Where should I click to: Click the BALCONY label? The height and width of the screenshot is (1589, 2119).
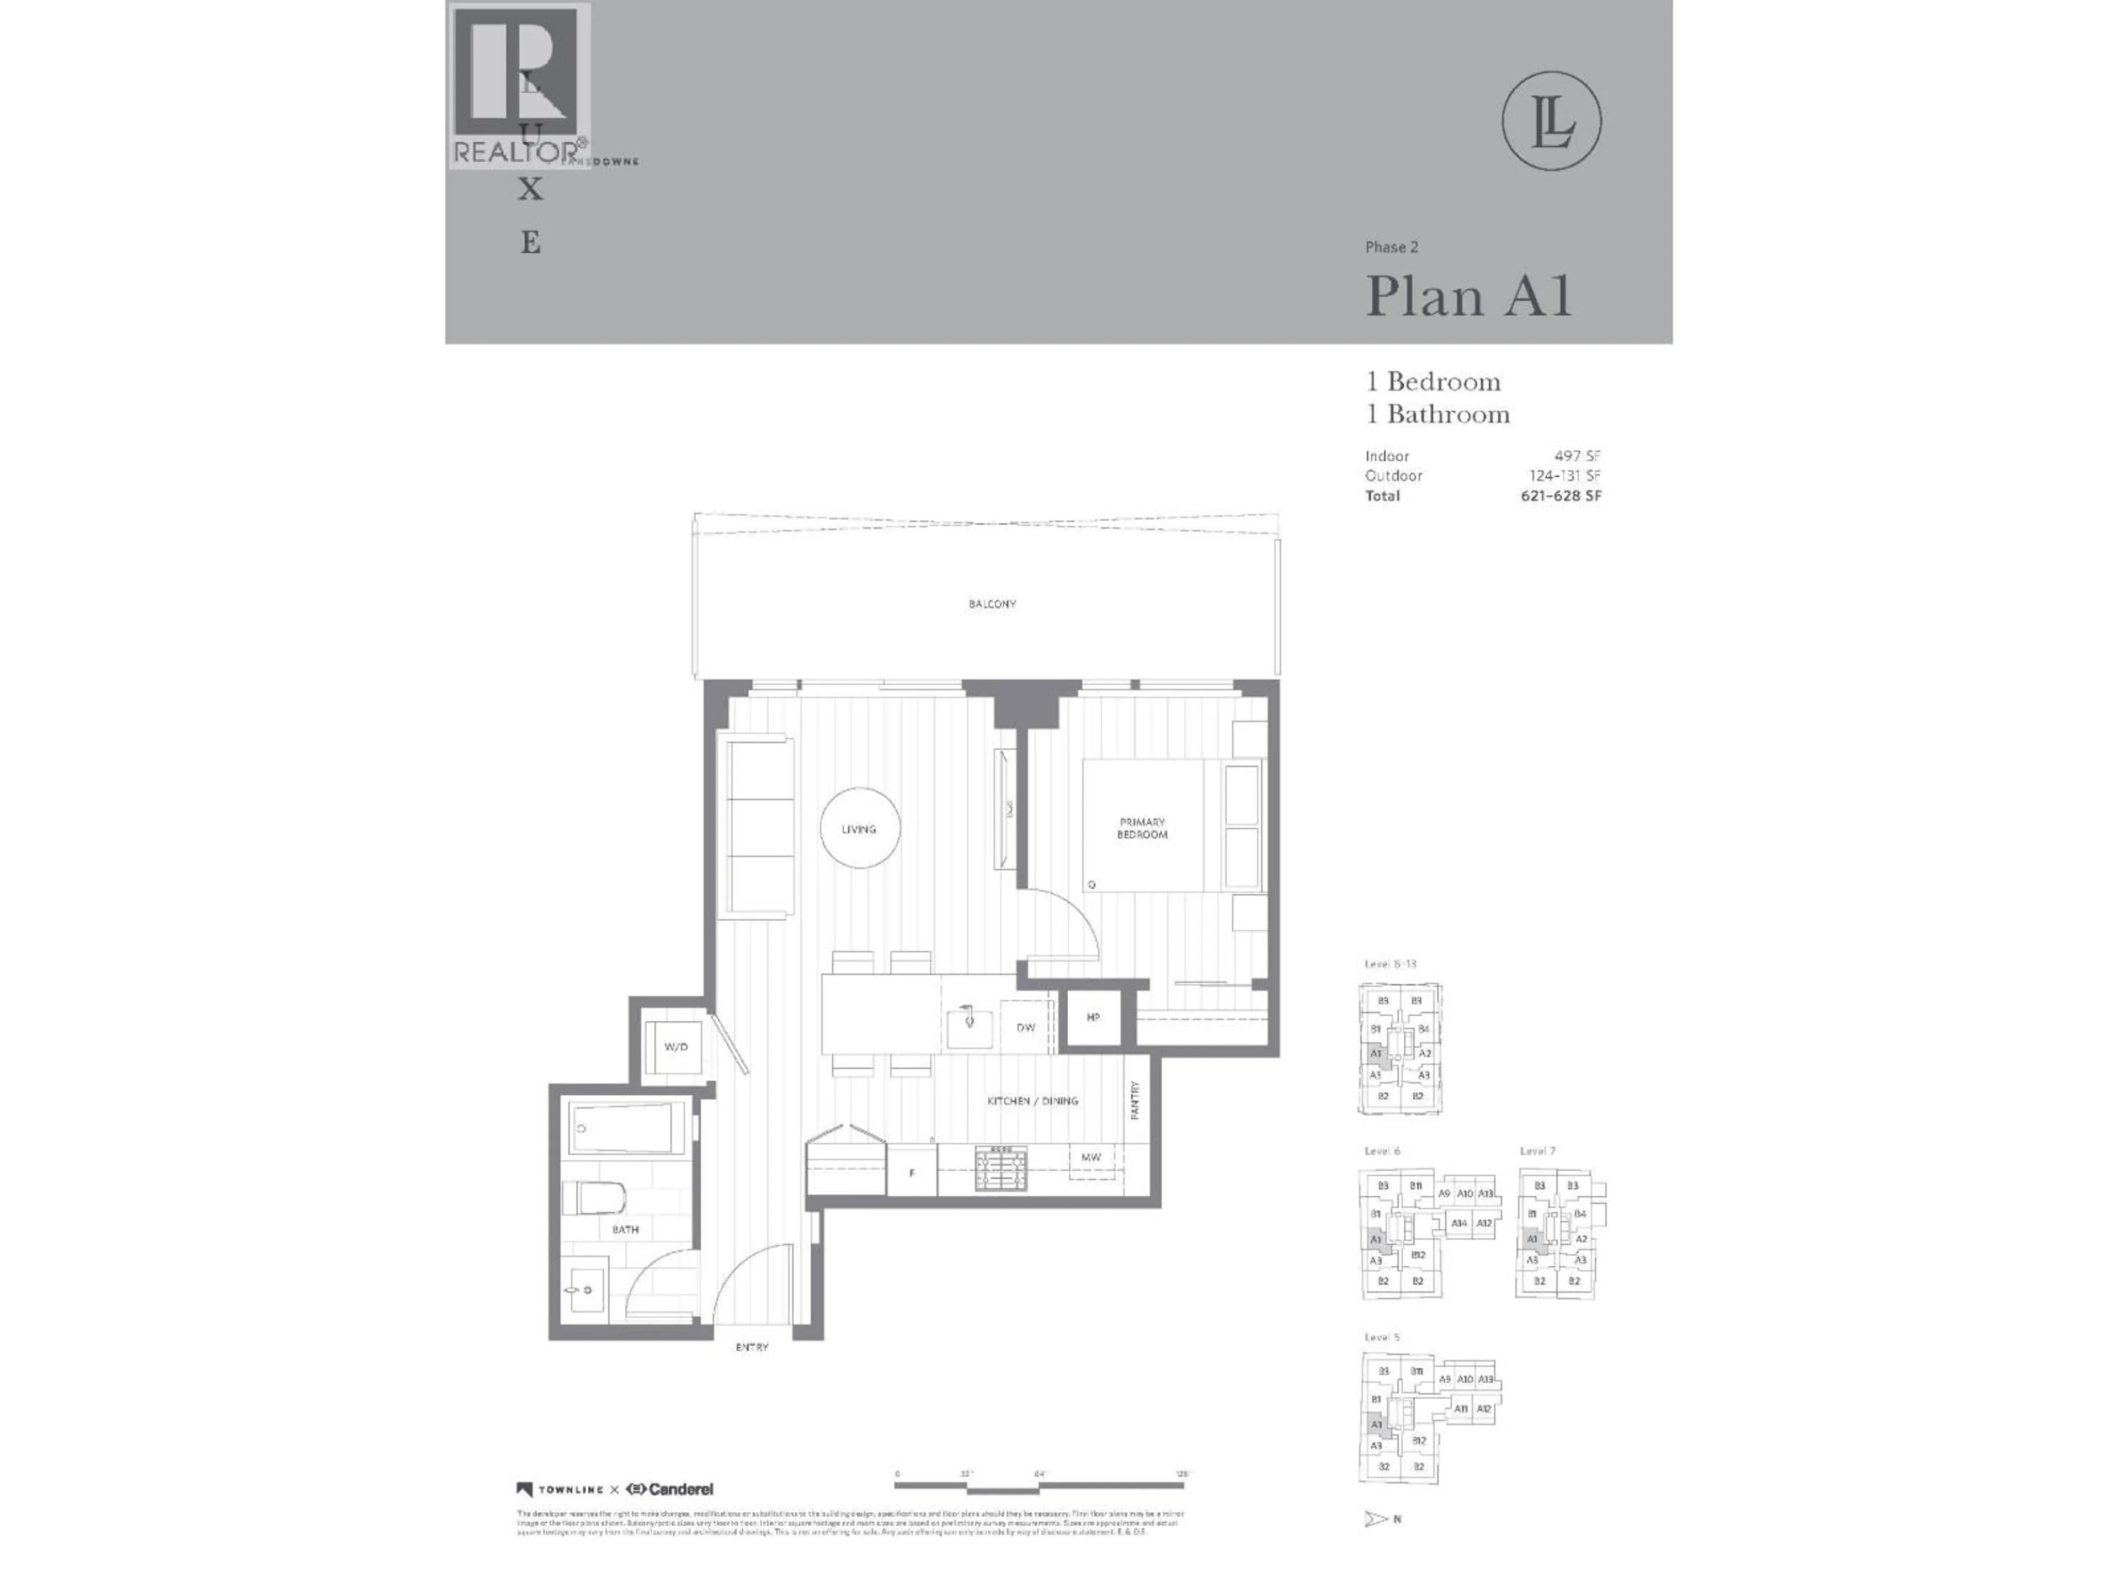[x=992, y=604]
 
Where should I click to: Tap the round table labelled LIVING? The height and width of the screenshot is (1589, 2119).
[x=859, y=829]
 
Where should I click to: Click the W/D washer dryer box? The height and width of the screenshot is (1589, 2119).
[x=677, y=1047]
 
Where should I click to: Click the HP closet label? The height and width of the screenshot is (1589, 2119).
[x=1093, y=1017]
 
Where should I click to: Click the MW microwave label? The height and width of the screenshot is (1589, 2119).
[x=1091, y=1157]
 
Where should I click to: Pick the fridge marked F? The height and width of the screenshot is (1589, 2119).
[x=911, y=1172]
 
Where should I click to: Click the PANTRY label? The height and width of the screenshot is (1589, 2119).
[x=1135, y=1101]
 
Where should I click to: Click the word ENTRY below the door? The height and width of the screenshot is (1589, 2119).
[x=752, y=1347]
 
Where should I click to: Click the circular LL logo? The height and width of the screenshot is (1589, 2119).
[x=1551, y=121]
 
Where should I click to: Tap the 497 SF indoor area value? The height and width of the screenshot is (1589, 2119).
[x=1577, y=456]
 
